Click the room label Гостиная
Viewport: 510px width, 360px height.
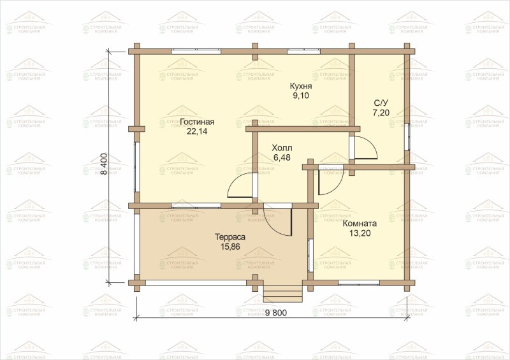197,122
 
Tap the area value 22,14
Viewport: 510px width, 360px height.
197,131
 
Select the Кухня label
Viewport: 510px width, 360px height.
301,86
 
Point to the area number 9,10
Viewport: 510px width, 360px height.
301,96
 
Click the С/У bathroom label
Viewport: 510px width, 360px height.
381,103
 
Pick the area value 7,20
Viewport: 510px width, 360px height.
381,113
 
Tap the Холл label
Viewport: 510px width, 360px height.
282,148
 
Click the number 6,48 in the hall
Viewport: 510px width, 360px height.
282,158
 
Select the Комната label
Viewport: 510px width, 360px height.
360,224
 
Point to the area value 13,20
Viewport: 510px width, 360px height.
360,233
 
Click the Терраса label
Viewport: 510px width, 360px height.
230,238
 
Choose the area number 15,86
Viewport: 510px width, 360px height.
230,247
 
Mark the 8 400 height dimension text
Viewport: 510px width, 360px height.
104,164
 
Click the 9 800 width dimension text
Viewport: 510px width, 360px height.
276,313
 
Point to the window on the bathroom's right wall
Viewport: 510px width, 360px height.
407,136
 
